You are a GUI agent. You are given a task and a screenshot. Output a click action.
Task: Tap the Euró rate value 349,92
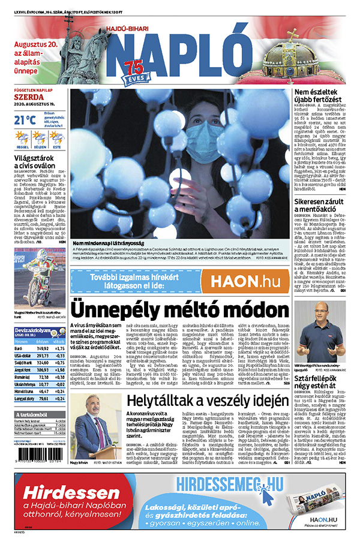42,347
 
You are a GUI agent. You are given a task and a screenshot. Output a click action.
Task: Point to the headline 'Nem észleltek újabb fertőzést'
318,95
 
